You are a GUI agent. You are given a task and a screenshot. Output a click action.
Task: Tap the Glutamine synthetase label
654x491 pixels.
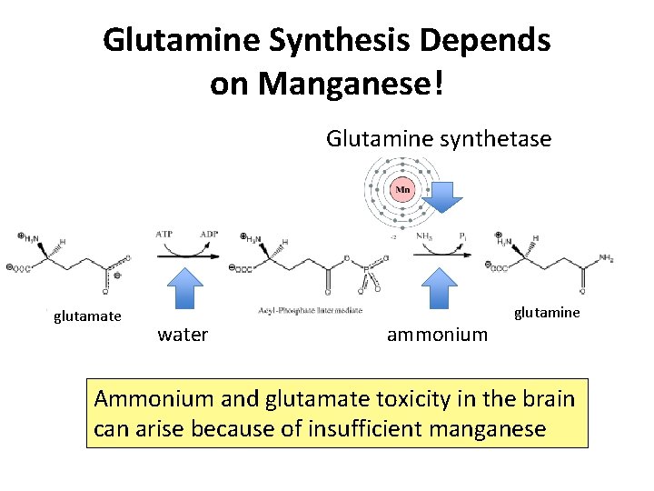pyautogui.click(x=439, y=139)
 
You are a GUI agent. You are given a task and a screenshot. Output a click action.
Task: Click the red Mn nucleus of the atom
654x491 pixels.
pyautogui.click(x=403, y=191)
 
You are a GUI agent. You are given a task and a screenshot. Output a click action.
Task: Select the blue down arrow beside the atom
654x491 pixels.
pyautogui.click(x=443, y=195)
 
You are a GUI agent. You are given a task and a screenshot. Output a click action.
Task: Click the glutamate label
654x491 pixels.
pyautogui.click(x=87, y=316)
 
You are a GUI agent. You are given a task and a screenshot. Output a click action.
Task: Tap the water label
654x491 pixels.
pyautogui.click(x=183, y=335)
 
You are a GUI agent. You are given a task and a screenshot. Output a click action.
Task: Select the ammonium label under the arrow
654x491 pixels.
pyautogui.click(x=437, y=335)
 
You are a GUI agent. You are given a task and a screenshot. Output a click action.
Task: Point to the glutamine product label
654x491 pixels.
pyautogui.click(x=547, y=313)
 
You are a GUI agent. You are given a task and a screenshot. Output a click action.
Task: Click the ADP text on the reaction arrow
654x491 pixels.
pyautogui.click(x=210, y=235)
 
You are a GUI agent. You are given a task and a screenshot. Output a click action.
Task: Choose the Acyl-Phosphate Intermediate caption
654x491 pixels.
pyautogui.click(x=310, y=311)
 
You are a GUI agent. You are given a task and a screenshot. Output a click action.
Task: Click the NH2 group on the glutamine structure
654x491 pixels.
pyautogui.click(x=606, y=259)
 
